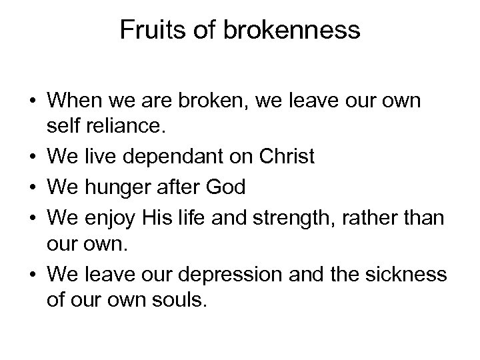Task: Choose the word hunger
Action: [109, 187]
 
